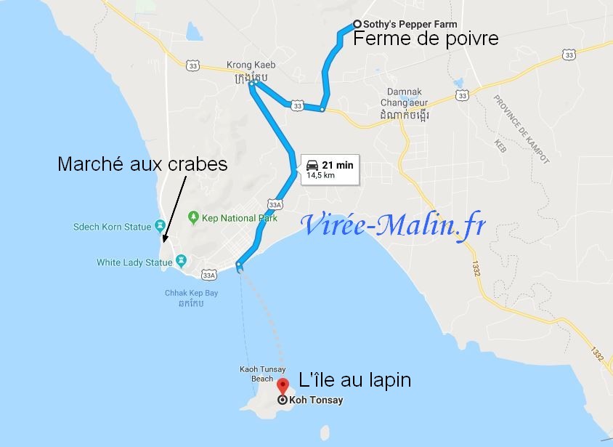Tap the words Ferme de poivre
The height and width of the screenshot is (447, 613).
click(x=426, y=39)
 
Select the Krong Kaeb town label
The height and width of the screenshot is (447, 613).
click(x=251, y=65)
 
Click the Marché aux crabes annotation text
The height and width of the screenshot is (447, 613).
click(x=142, y=165)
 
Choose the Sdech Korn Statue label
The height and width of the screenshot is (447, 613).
click(x=112, y=227)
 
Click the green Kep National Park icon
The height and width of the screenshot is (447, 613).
click(x=193, y=217)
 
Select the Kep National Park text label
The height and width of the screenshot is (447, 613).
click(x=230, y=218)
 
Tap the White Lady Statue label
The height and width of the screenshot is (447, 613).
click(x=135, y=262)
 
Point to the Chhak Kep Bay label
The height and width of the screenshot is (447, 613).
click(x=191, y=293)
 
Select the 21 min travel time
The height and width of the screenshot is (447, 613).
click(x=338, y=165)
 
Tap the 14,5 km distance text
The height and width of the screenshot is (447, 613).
click(x=320, y=175)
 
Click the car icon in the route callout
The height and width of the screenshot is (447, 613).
click(x=312, y=164)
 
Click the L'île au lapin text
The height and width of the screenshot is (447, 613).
click(x=355, y=379)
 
